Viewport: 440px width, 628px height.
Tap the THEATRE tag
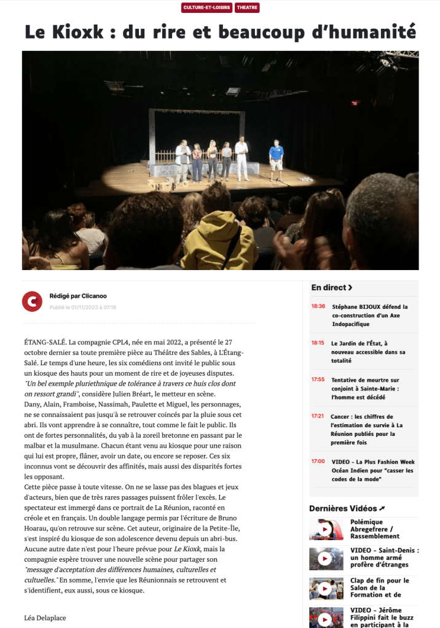247,8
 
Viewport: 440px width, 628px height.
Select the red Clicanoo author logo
31,301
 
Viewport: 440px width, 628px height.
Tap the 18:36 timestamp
318,306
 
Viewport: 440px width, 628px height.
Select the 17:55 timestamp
318,379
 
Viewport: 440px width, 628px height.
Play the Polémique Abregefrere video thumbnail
326,529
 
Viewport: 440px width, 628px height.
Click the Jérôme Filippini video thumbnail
326,618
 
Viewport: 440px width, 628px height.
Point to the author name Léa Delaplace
45,618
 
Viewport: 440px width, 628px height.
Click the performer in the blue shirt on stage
277,158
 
